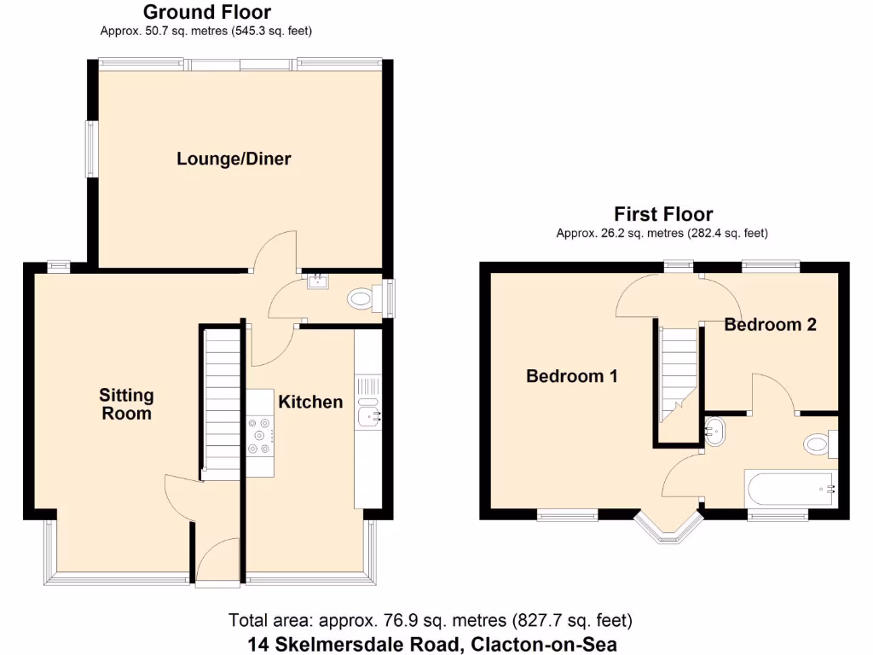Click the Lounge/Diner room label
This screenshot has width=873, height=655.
(234, 159)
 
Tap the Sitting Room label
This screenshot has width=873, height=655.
(126, 404)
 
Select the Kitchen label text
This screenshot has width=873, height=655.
(310, 402)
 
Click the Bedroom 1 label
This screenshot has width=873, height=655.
(571, 376)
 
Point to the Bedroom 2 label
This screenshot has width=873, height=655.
(770, 325)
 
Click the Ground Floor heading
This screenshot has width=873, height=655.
(206, 12)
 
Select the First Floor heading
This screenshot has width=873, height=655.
(663, 214)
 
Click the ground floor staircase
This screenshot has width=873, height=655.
(222, 401)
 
